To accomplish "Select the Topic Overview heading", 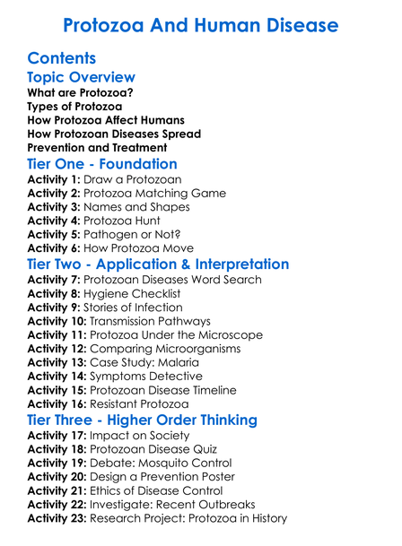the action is click(82, 78).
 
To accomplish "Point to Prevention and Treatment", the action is click(97, 147).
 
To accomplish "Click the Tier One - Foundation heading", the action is click(102, 164).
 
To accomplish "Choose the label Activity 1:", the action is click(55, 180).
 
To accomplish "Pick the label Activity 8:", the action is click(55, 293).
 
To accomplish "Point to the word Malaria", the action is click(182, 362).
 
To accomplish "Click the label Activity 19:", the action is click(58, 463).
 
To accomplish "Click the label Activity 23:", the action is click(58, 518).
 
